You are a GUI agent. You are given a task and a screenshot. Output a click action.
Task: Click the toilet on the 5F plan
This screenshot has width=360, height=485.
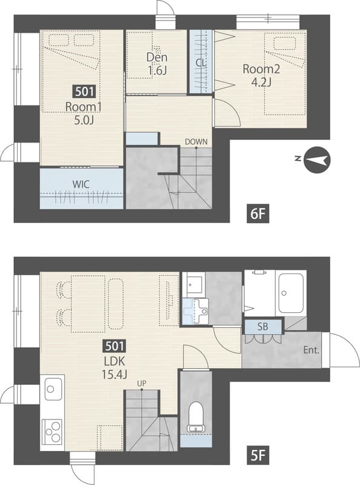pos(196,416)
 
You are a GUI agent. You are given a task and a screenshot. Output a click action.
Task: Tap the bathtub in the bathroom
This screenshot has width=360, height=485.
pos(290,293)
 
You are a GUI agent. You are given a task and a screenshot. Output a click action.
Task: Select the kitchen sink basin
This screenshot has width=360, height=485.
pos(53,389)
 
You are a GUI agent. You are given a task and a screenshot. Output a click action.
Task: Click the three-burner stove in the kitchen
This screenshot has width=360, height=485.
pos(52,431)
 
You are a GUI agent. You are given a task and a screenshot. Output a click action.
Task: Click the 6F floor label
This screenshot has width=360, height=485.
pos(258,214)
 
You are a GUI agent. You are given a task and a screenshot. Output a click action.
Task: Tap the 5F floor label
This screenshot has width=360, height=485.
pos(258,455)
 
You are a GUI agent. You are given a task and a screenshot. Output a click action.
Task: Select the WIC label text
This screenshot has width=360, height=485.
pos(81,184)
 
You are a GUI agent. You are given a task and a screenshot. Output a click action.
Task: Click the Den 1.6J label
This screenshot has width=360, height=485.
pos(157,64)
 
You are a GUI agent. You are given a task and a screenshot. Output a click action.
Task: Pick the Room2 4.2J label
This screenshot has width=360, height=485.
pos(261,75)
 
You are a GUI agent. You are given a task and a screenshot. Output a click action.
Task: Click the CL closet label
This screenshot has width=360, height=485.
pos(201,63)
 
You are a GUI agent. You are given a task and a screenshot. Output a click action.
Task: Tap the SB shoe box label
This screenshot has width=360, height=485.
pos(262,326)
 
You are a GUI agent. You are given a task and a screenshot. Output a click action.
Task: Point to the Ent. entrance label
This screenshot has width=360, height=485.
pos(311,350)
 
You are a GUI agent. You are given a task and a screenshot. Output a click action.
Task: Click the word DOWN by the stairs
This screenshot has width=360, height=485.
pos(196,142)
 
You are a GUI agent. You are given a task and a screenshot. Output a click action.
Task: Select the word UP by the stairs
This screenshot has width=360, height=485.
pos(142,384)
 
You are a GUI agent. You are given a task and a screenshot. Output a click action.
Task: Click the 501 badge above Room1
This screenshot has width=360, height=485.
pos(84,92)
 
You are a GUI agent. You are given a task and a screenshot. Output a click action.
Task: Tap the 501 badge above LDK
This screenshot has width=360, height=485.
pos(115,346)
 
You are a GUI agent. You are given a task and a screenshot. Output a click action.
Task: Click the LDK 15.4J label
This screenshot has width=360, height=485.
pos(115,367)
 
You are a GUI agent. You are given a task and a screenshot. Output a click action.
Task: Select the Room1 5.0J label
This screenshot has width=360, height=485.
pos(84,113)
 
